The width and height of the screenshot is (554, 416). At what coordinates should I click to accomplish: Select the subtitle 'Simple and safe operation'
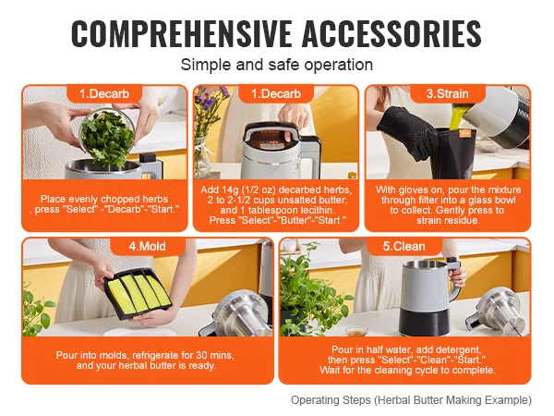coord(276,65)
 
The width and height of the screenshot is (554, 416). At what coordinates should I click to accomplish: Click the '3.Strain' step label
coord(448,93)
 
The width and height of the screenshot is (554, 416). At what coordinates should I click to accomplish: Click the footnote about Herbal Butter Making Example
coord(411,400)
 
